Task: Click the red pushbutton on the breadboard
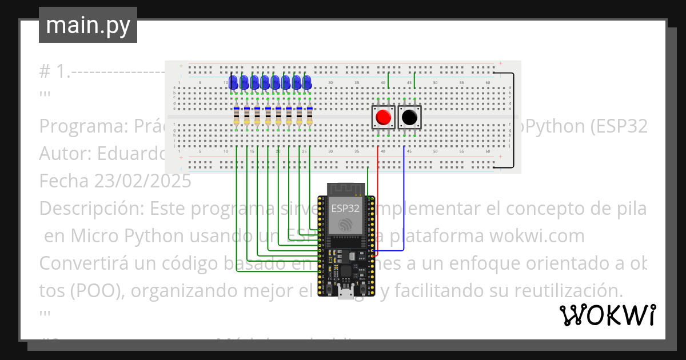click(383, 118)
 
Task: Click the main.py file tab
click(87, 25)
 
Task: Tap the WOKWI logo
click(607, 315)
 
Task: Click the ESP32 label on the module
click(345, 209)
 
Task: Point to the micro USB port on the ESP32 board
click(345, 294)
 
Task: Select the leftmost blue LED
click(233, 82)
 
